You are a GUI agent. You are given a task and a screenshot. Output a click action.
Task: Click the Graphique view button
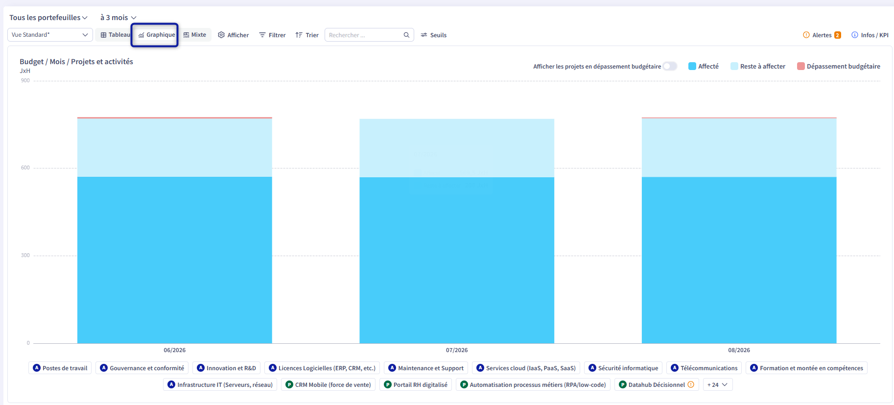tap(156, 35)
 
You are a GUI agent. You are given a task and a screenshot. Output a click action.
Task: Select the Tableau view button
tap(115, 35)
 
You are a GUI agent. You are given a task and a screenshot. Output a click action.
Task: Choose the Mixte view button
tap(195, 35)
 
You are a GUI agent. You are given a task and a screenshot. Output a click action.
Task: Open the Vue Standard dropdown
tap(49, 35)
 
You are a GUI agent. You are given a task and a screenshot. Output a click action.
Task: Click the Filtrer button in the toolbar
tap(272, 35)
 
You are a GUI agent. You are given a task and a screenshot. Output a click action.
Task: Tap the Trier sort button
tap(307, 35)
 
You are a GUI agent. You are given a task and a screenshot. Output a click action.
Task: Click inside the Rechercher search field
tap(365, 35)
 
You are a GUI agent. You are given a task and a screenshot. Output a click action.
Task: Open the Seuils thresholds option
tap(434, 35)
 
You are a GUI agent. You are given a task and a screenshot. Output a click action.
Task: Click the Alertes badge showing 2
tap(838, 35)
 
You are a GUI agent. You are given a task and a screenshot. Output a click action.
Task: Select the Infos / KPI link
tap(870, 35)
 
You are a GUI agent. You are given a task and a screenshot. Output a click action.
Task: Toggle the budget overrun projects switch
tap(670, 66)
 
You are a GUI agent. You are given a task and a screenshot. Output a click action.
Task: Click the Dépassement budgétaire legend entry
tap(839, 66)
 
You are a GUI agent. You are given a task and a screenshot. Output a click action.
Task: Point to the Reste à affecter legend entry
tap(758, 66)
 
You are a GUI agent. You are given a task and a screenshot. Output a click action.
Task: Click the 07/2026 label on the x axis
tap(457, 350)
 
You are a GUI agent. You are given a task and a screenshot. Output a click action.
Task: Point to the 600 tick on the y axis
tap(25, 168)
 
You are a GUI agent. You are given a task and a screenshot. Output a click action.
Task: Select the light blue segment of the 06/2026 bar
tap(175, 148)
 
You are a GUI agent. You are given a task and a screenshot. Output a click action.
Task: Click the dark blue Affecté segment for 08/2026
tap(739, 260)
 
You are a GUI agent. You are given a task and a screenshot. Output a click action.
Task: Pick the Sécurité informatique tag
tap(623, 368)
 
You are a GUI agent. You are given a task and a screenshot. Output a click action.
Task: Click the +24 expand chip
tap(718, 385)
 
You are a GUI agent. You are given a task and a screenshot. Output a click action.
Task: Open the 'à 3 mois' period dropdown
tap(118, 18)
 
